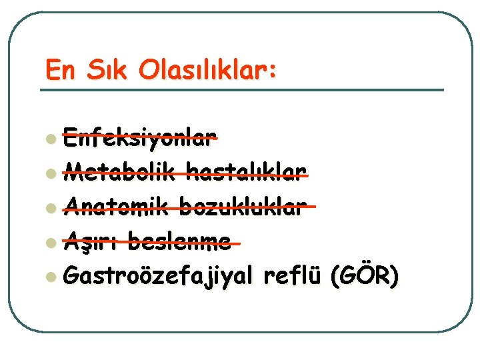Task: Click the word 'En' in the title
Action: click(x=59, y=70)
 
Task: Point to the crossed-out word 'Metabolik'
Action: click(x=119, y=174)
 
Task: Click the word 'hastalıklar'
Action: click(x=248, y=174)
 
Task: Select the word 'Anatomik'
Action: click(x=119, y=207)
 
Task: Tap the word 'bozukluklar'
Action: click(x=251, y=207)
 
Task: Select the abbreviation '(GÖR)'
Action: click(x=365, y=275)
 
